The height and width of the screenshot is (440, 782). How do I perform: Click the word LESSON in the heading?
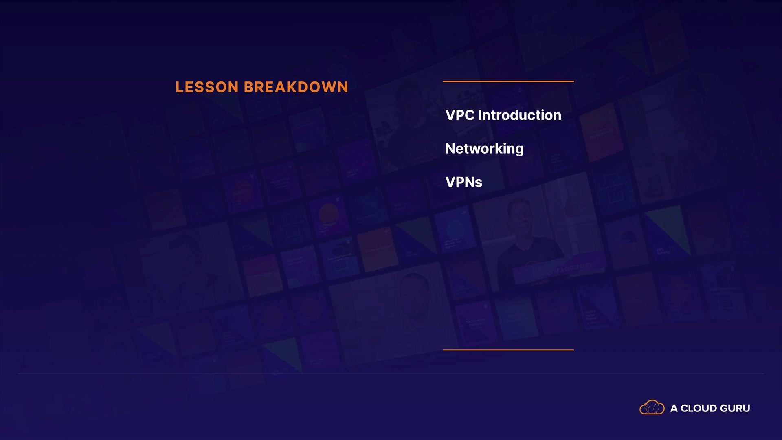207,87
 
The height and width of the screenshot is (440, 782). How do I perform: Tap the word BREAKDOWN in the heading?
296,87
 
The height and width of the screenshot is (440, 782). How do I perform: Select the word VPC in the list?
460,115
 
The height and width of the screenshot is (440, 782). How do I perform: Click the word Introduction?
520,115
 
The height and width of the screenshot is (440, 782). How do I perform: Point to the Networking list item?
485,149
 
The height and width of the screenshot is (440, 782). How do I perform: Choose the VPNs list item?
464,182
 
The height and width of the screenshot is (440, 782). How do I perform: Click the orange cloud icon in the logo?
652,407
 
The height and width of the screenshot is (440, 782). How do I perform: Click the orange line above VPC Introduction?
508,81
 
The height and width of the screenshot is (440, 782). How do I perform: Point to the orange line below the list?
508,350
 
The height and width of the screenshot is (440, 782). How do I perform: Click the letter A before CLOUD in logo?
674,408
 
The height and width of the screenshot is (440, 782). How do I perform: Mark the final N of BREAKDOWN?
343,87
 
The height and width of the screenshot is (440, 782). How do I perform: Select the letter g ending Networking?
519,150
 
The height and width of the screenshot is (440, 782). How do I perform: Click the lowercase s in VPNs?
479,183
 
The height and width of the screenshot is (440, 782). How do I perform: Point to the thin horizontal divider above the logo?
391,374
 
